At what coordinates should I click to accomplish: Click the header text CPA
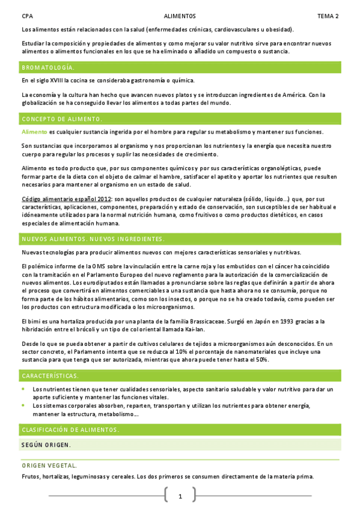click(x=26, y=16)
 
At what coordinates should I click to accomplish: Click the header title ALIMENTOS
click(x=179, y=16)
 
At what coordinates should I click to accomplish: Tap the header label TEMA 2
click(x=328, y=16)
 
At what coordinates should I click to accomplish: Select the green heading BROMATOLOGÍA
click(x=48, y=67)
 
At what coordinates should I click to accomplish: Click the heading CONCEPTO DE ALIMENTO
click(x=61, y=119)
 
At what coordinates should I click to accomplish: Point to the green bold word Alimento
click(x=34, y=132)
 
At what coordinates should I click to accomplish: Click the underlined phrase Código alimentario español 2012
click(x=66, y=198)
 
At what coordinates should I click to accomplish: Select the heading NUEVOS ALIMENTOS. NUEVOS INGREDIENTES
click(x=93, y=239)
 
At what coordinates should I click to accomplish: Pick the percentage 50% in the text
click(x=261, y=359)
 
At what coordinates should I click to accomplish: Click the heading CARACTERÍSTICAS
click(x=50, y=376)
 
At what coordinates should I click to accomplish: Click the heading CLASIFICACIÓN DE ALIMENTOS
click(x=70, y=429)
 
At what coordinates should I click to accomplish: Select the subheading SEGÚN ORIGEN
click(x=46, y=444)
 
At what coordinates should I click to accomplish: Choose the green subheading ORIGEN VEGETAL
click(x=49, y=465)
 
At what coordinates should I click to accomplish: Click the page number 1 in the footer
click(x=180, y=496)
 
